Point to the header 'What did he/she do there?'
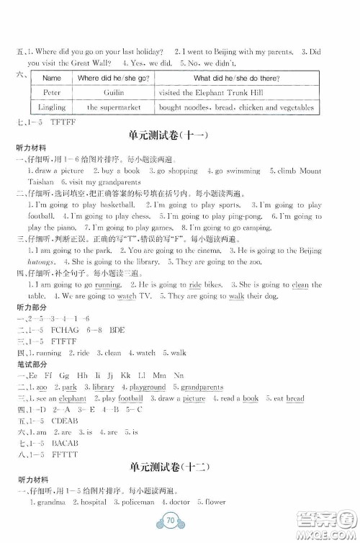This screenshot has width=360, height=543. (237, 78)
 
